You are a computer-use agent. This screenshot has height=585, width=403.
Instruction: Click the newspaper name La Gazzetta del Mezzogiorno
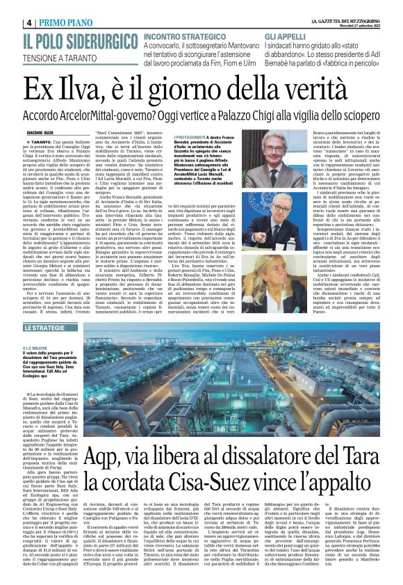(344, 6)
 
